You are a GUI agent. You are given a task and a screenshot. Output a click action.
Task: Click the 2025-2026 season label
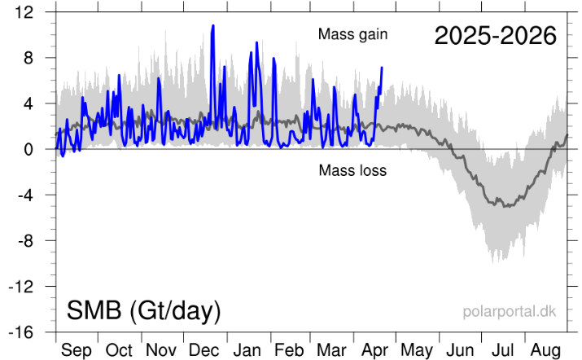click(495, 36)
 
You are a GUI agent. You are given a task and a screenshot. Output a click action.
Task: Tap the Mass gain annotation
click(353, 34)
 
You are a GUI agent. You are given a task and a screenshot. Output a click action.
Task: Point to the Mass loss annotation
click(352, 171)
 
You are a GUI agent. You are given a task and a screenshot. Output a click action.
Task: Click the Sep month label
click(77, 351)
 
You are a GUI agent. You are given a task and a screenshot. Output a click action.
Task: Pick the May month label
click(417, 351)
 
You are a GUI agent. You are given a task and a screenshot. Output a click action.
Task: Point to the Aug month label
click(545, 351)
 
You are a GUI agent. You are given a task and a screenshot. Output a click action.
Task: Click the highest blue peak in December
click(213, 25)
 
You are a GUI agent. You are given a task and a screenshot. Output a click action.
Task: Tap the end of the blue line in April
click(382, 68)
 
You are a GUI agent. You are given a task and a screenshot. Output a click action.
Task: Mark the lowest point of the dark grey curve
click(506, 206)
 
